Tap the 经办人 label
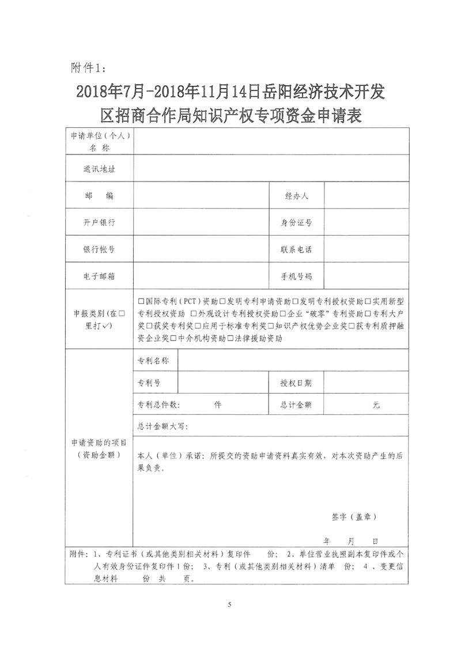pos(297,196)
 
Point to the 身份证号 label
pos(297,223)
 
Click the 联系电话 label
pos(297,250)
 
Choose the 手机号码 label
pos(297,276)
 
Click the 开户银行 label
pos(99,223)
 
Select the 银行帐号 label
pos(99,250)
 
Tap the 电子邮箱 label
pos(99,276)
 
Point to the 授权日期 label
pos(297,383)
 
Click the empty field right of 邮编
pos(202,196)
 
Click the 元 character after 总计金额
pos(376,405)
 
